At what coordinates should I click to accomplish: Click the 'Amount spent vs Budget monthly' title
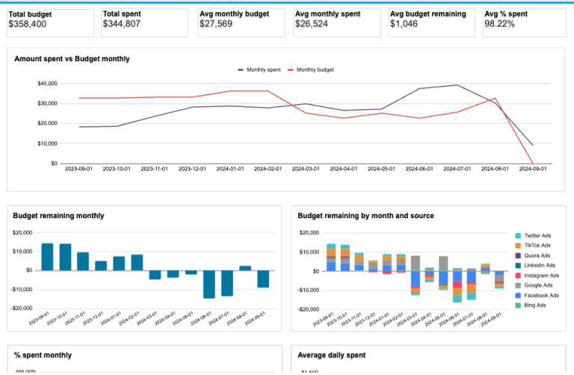click(72, 58)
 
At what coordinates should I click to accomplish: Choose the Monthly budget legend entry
click(315, 69)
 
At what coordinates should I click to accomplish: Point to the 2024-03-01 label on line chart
click(306, 170)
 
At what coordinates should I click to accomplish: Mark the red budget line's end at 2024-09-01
click(532, 163)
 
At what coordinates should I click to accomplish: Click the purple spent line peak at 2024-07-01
click(457, 85)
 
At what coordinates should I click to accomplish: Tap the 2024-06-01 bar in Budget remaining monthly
click(209, 284)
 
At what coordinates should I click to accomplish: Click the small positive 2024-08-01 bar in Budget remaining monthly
click(245, 267)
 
